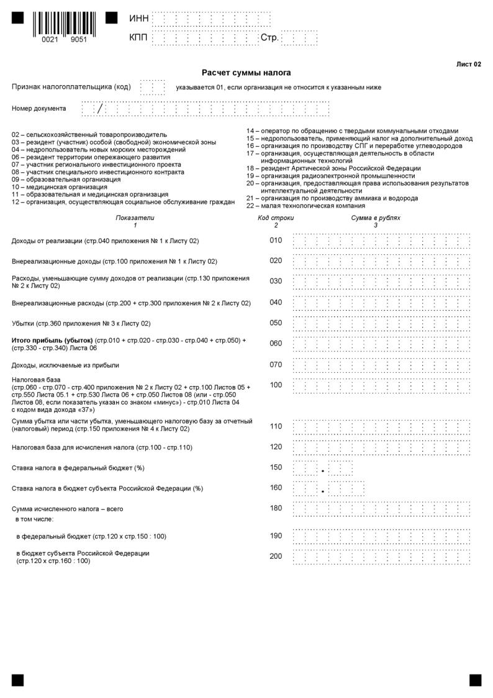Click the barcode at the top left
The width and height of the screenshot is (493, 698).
click(x=64, y=25)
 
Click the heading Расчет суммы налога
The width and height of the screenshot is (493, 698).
click(x=246, y=73)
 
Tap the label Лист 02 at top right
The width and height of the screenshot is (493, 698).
click(x=468, y=64)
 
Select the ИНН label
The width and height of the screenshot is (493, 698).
click(x=139, y=19)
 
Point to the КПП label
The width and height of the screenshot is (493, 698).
click(x=139, y=39)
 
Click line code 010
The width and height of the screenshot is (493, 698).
click(x=276, y=241)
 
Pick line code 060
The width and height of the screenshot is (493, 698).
click(x=276, y=344)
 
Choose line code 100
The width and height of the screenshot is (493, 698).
click(x=276, y=385)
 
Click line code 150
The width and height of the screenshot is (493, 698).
click(x=276, y=467)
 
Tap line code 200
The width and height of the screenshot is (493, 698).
click(x=276, y=556)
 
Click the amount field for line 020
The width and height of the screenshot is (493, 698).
click(x=381, y=261)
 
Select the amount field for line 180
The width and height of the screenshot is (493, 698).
click(x=381, y=508)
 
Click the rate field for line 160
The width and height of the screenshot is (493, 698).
click(x=327, y=488)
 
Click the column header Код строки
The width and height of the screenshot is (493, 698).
click(x=276, y=218)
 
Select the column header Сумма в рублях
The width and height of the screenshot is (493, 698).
click(x=376, y=218)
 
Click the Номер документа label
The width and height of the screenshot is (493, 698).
click(x=39, y=109)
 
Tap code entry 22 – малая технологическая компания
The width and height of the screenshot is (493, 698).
click(x=305, y=206)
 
